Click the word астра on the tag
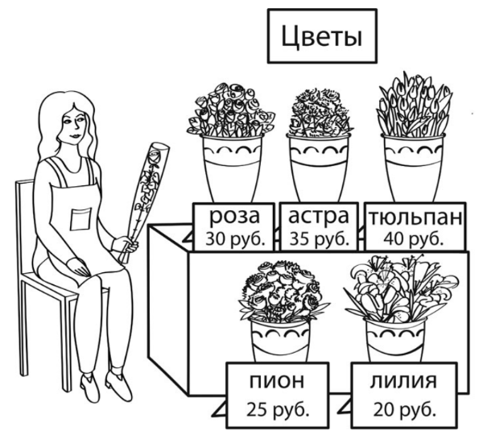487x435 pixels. click(320, 217)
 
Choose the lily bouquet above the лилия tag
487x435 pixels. click(394, 290)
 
